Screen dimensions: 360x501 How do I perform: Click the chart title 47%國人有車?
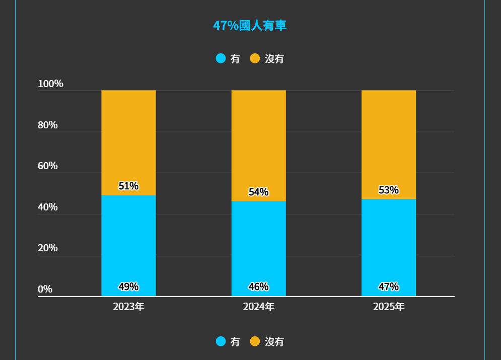(x=250, y=26)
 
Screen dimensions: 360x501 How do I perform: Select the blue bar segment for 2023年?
(x=128, y=242)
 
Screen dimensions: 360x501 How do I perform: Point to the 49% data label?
(x=128, y=287)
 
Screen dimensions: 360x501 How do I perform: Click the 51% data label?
(x=128, y=186)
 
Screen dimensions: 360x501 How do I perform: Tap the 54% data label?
(x=258, y=192)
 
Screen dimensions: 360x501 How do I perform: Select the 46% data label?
(x=258, y=287)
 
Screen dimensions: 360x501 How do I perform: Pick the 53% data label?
(x=388, y=190)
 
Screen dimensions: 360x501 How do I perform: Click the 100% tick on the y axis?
(x=50, y=84)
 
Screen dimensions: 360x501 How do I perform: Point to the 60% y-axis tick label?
(x=48, y=166)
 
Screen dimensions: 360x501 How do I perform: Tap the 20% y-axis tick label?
(x=48, y=248)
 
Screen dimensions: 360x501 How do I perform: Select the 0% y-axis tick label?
(x=45, y=290)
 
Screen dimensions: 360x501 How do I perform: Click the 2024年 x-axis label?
(x=258, y=307)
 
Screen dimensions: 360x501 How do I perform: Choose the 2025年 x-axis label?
(x=388, y=307)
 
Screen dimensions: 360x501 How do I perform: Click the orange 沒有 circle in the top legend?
(x=255, y=58)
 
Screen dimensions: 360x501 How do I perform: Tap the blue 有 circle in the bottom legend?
(x=221, y=341)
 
